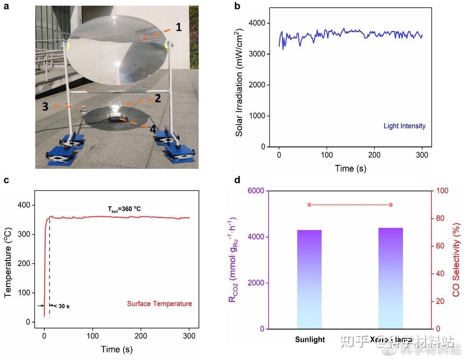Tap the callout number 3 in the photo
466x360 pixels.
[45, 107]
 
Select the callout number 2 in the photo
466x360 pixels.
[157, 99]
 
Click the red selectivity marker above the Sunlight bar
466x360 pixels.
[309, 205]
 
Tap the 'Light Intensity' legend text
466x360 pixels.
[404, 126]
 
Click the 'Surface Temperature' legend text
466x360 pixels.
[159, 304]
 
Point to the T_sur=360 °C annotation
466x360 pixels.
[125, 209]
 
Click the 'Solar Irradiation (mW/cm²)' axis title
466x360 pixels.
[239, 82]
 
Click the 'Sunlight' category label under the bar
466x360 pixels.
[310, 340]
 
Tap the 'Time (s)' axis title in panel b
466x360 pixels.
[350, 168]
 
